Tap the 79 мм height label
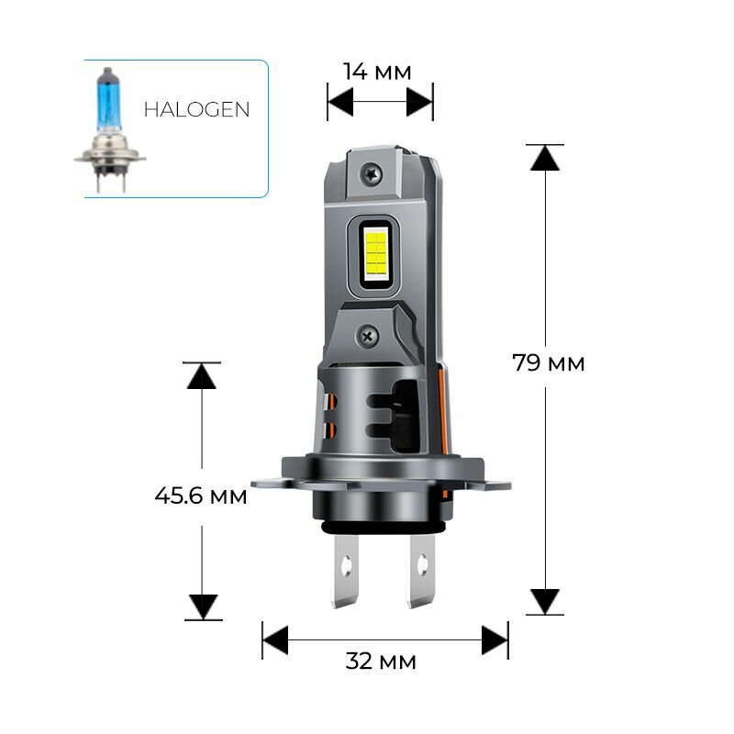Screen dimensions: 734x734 [x=549, y=363]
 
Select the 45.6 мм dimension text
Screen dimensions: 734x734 [x=201, y=496]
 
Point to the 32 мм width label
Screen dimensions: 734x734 [x=382, y=661]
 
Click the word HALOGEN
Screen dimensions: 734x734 [x=196, y=109]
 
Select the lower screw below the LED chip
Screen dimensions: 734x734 [x=369, y=337]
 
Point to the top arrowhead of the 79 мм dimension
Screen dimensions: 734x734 [x=545, y=158]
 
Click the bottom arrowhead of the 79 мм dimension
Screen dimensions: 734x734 [x=545, y=601]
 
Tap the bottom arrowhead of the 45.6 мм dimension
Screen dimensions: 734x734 [x=202, y=606]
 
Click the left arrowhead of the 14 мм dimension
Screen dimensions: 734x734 [x=340, y=103]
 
